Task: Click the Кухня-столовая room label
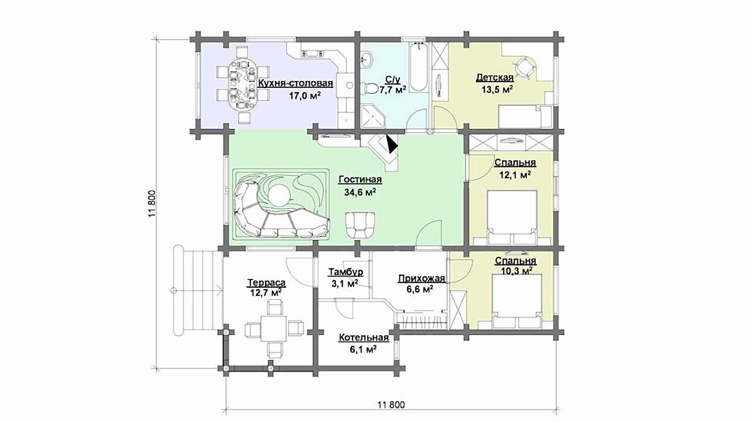coord(295,83)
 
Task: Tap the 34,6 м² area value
coord(360,192)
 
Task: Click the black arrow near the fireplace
coord(391,144)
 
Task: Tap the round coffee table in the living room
coord(279,194)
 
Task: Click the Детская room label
coord(494,77)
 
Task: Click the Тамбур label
coord(346,272)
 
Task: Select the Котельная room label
coord(364,338)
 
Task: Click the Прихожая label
coord(422,279)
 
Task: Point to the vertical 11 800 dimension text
coord(152,204)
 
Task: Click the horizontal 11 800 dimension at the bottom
coord(391,404)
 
